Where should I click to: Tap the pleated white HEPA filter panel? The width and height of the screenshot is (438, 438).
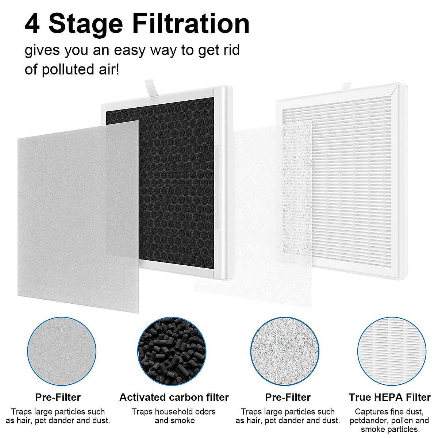[350, 182]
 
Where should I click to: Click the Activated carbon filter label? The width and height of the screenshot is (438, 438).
[174, 397]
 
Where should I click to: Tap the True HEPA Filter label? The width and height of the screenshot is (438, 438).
[389, 397]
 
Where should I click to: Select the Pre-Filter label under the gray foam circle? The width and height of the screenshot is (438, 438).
[58, 397]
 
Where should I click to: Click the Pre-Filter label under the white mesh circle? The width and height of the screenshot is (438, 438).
[288, 397]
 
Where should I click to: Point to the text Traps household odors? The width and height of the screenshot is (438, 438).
[174, 412]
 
